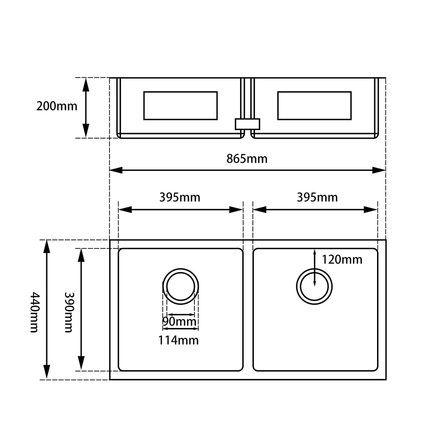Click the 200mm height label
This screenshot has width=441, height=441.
tap(57, 106)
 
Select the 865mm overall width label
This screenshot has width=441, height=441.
tap(247, 159)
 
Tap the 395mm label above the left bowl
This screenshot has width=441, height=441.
tap(180, 197)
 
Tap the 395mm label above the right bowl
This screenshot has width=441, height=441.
tap(317, 197)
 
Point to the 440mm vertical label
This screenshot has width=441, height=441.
tap(34, 312)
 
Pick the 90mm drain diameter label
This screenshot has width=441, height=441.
tap(179, 322)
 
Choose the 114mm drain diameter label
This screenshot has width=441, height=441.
tap(178, 340)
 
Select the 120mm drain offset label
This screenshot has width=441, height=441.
tap(342, 259)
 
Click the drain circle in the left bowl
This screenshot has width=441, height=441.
tap(181, 286)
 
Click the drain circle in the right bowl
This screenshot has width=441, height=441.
tap(314, 287)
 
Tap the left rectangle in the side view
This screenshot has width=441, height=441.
tap(181, 106)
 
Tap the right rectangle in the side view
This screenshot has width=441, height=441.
tap(314, 106)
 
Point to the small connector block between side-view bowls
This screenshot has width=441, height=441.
tap(247, 124)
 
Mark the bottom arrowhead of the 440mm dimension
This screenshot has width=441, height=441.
tap(46, 373)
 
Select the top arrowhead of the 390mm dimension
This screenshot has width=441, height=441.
tap(81, 255)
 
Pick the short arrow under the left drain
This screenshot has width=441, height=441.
tap(181, 315)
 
